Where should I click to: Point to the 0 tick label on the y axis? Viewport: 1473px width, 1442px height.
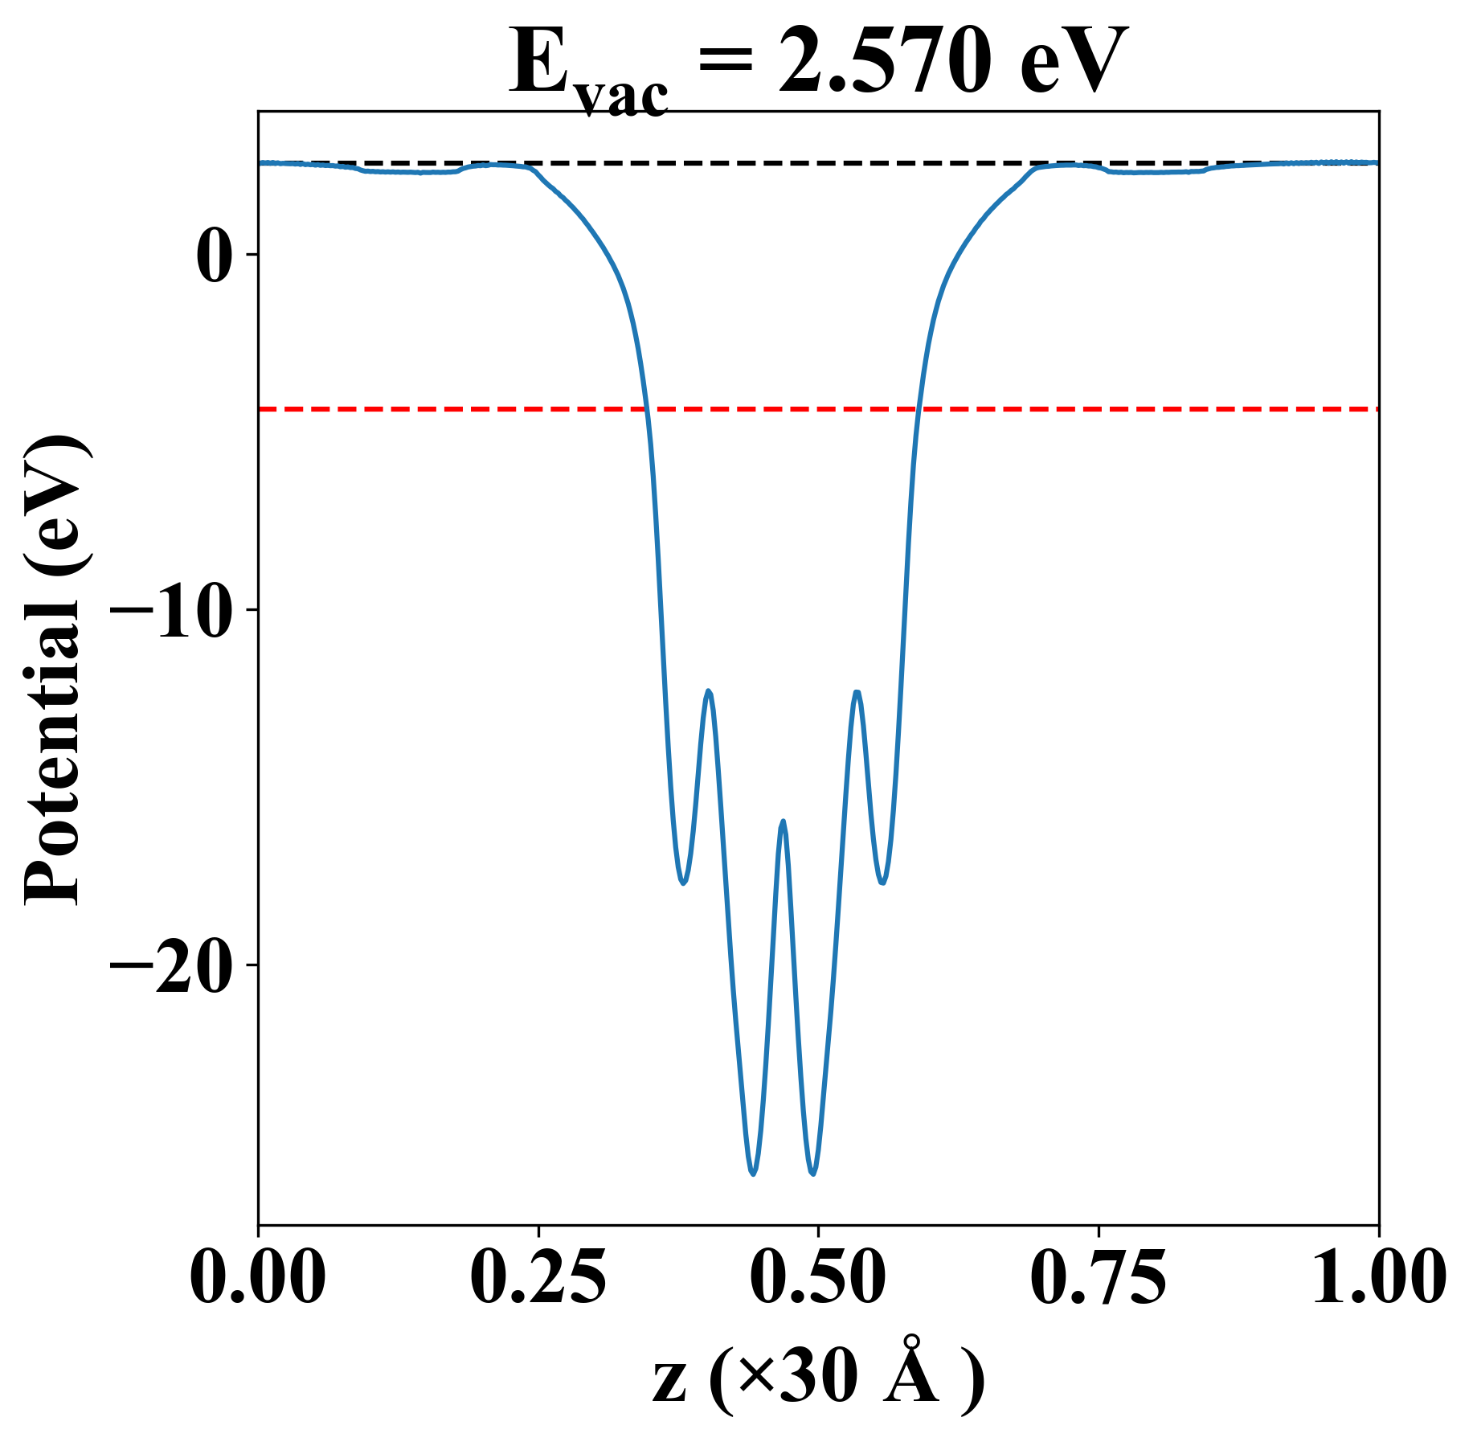tap(215, 256)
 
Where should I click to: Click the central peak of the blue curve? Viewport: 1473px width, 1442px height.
tap(783, 821)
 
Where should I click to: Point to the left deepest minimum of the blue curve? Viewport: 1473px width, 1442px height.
tap(753, 1174)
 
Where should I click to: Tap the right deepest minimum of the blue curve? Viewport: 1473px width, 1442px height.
tap(813, 1174)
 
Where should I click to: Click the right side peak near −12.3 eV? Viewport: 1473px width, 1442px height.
tap(857, 692)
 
